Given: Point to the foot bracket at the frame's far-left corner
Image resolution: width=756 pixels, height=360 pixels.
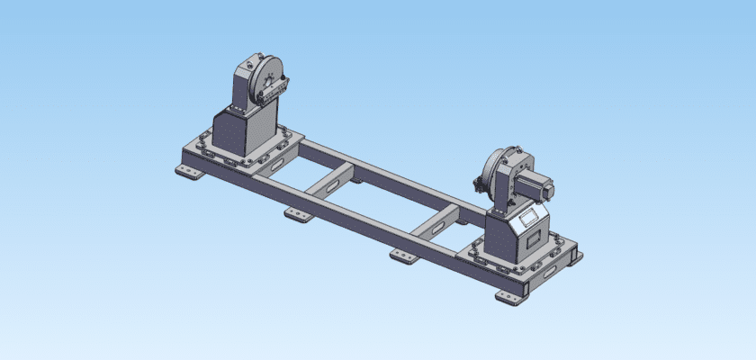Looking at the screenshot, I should (187, 172).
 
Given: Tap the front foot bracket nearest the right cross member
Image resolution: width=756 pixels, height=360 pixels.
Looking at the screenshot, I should (403, 256).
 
